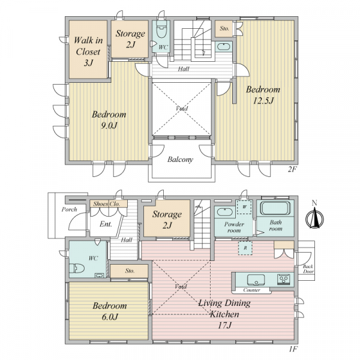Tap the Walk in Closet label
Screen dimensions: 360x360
pos(88,52)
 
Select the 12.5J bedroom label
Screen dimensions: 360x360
pos(263,95)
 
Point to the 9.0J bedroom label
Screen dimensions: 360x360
pos(109,120)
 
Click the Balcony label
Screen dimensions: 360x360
pos(180,160)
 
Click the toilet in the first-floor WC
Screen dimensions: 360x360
pos(77,268)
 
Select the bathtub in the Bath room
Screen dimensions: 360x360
pos(275,208)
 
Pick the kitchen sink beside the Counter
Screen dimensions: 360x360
pos(256,280)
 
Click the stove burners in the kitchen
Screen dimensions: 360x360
pos(283,280)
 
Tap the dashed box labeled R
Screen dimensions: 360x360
pos(245,248)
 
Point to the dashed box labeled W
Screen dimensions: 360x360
pos(245,207)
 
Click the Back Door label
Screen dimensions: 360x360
pos(308,269)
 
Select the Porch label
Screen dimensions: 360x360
pos(70,209)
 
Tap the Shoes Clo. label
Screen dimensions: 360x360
pos(107,204)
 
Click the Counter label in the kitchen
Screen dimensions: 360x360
pos(251,290)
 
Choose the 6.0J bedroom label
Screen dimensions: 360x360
pos(110,311)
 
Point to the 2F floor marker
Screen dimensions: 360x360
pos(293,169)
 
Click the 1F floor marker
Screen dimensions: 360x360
pos(293,349)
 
